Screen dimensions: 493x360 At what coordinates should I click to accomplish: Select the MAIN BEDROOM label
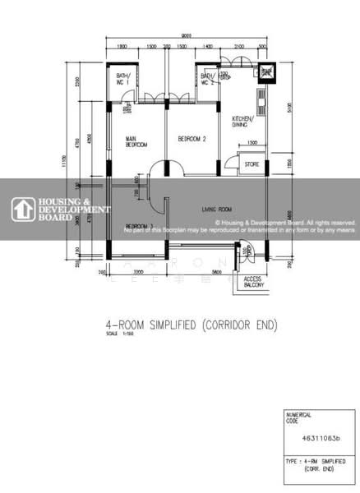[136, 141]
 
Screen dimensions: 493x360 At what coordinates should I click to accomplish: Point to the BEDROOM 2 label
[192, 139]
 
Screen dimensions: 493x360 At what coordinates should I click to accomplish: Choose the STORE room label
[252, 164]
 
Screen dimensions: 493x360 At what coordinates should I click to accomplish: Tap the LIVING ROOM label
[217, 210]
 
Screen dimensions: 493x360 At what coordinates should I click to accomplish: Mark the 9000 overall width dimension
[187, 35]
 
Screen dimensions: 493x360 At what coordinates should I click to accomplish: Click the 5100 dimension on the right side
[290, 107]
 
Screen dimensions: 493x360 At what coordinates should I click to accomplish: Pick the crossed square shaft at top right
[266, 72]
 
